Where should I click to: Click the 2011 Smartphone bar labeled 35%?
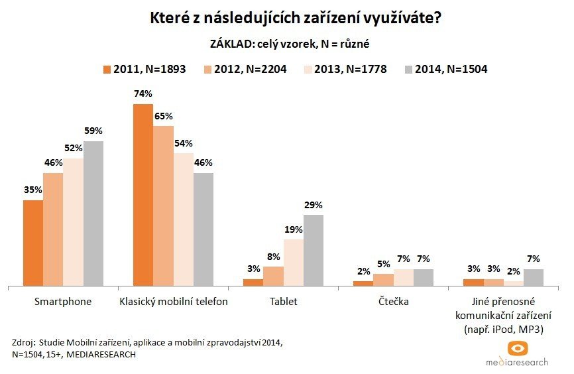(33, 243)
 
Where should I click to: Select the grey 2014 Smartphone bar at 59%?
(93, 214)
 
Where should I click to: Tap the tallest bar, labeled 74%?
(143, 195)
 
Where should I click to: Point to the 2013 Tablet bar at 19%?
(294, 263)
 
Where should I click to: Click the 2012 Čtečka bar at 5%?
(383, 279)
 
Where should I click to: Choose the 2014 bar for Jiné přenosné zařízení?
(534, 277)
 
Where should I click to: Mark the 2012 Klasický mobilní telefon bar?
(163, 206)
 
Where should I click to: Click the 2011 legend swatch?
(107, 69)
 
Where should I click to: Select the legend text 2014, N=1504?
(451, 69)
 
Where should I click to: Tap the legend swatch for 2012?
(207, 69)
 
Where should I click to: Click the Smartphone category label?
(63, 302)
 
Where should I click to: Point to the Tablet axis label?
(283, 302)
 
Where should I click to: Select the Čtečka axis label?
(393, 302)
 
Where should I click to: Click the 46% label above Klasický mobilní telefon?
(203, 163)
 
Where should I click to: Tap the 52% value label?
(73, 149)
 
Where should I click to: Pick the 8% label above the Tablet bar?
(273, 257)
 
